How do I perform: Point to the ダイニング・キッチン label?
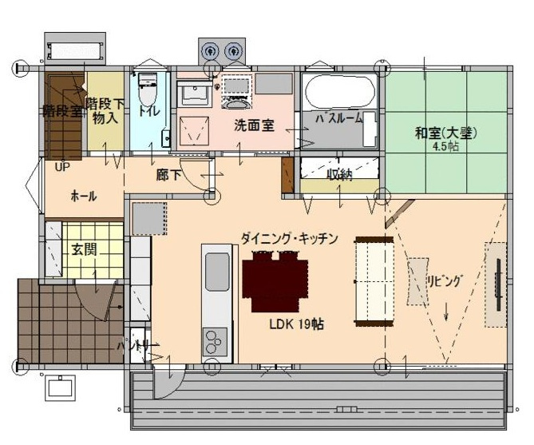point(290,238)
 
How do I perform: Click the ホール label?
point(84,196)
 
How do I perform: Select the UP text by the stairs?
point(61,167)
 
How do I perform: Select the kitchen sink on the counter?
point(217,271)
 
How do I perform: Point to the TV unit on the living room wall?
point(496,284)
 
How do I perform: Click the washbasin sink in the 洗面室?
point(194,95)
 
